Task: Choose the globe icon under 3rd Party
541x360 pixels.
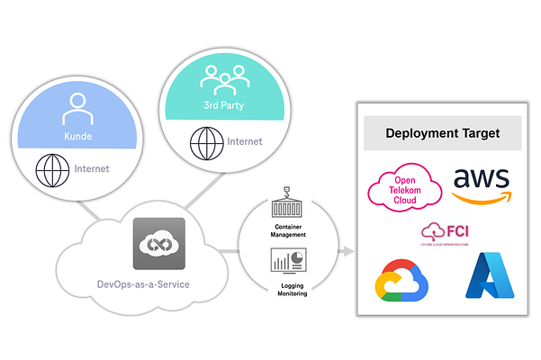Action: pos(203,142)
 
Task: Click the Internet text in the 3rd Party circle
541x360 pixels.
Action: pos(245,141)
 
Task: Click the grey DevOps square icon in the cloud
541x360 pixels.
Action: pos(158,244)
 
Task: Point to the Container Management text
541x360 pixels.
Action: pos(288,230)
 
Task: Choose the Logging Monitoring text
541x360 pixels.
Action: pos(288,288)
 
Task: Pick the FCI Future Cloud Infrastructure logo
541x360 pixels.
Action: pos(444,233)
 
